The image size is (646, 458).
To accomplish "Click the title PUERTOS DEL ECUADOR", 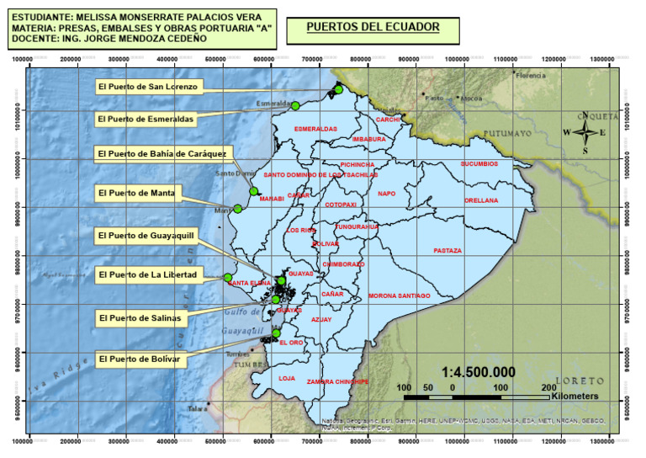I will [x=373, y=27].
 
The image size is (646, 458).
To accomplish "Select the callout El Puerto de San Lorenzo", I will [x=147, y=86].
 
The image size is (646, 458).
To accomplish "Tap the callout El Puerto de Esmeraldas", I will [x=146, y=120].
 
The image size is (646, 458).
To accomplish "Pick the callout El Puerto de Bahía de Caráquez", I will [x=161, y=154].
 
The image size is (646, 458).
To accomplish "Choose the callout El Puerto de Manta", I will [x=136, y=194].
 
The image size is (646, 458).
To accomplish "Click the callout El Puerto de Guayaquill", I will [x=146, y=235].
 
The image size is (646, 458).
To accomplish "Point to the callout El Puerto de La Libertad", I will [x=147, y=274].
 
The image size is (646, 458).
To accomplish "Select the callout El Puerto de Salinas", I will [x=140, y=318].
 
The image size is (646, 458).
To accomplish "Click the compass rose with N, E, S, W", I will [x=585, y=132].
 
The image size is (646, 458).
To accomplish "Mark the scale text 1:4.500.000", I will [x=478, y=372].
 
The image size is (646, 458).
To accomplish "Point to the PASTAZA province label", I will [x=447, y=251].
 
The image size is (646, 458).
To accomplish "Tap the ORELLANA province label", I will [x=481, y=200].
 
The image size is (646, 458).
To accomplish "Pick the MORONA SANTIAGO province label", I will [x=399, y=296].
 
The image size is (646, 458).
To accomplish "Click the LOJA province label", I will [x=287, y=378].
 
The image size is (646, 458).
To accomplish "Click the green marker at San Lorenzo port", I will [x=338, y=90].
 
